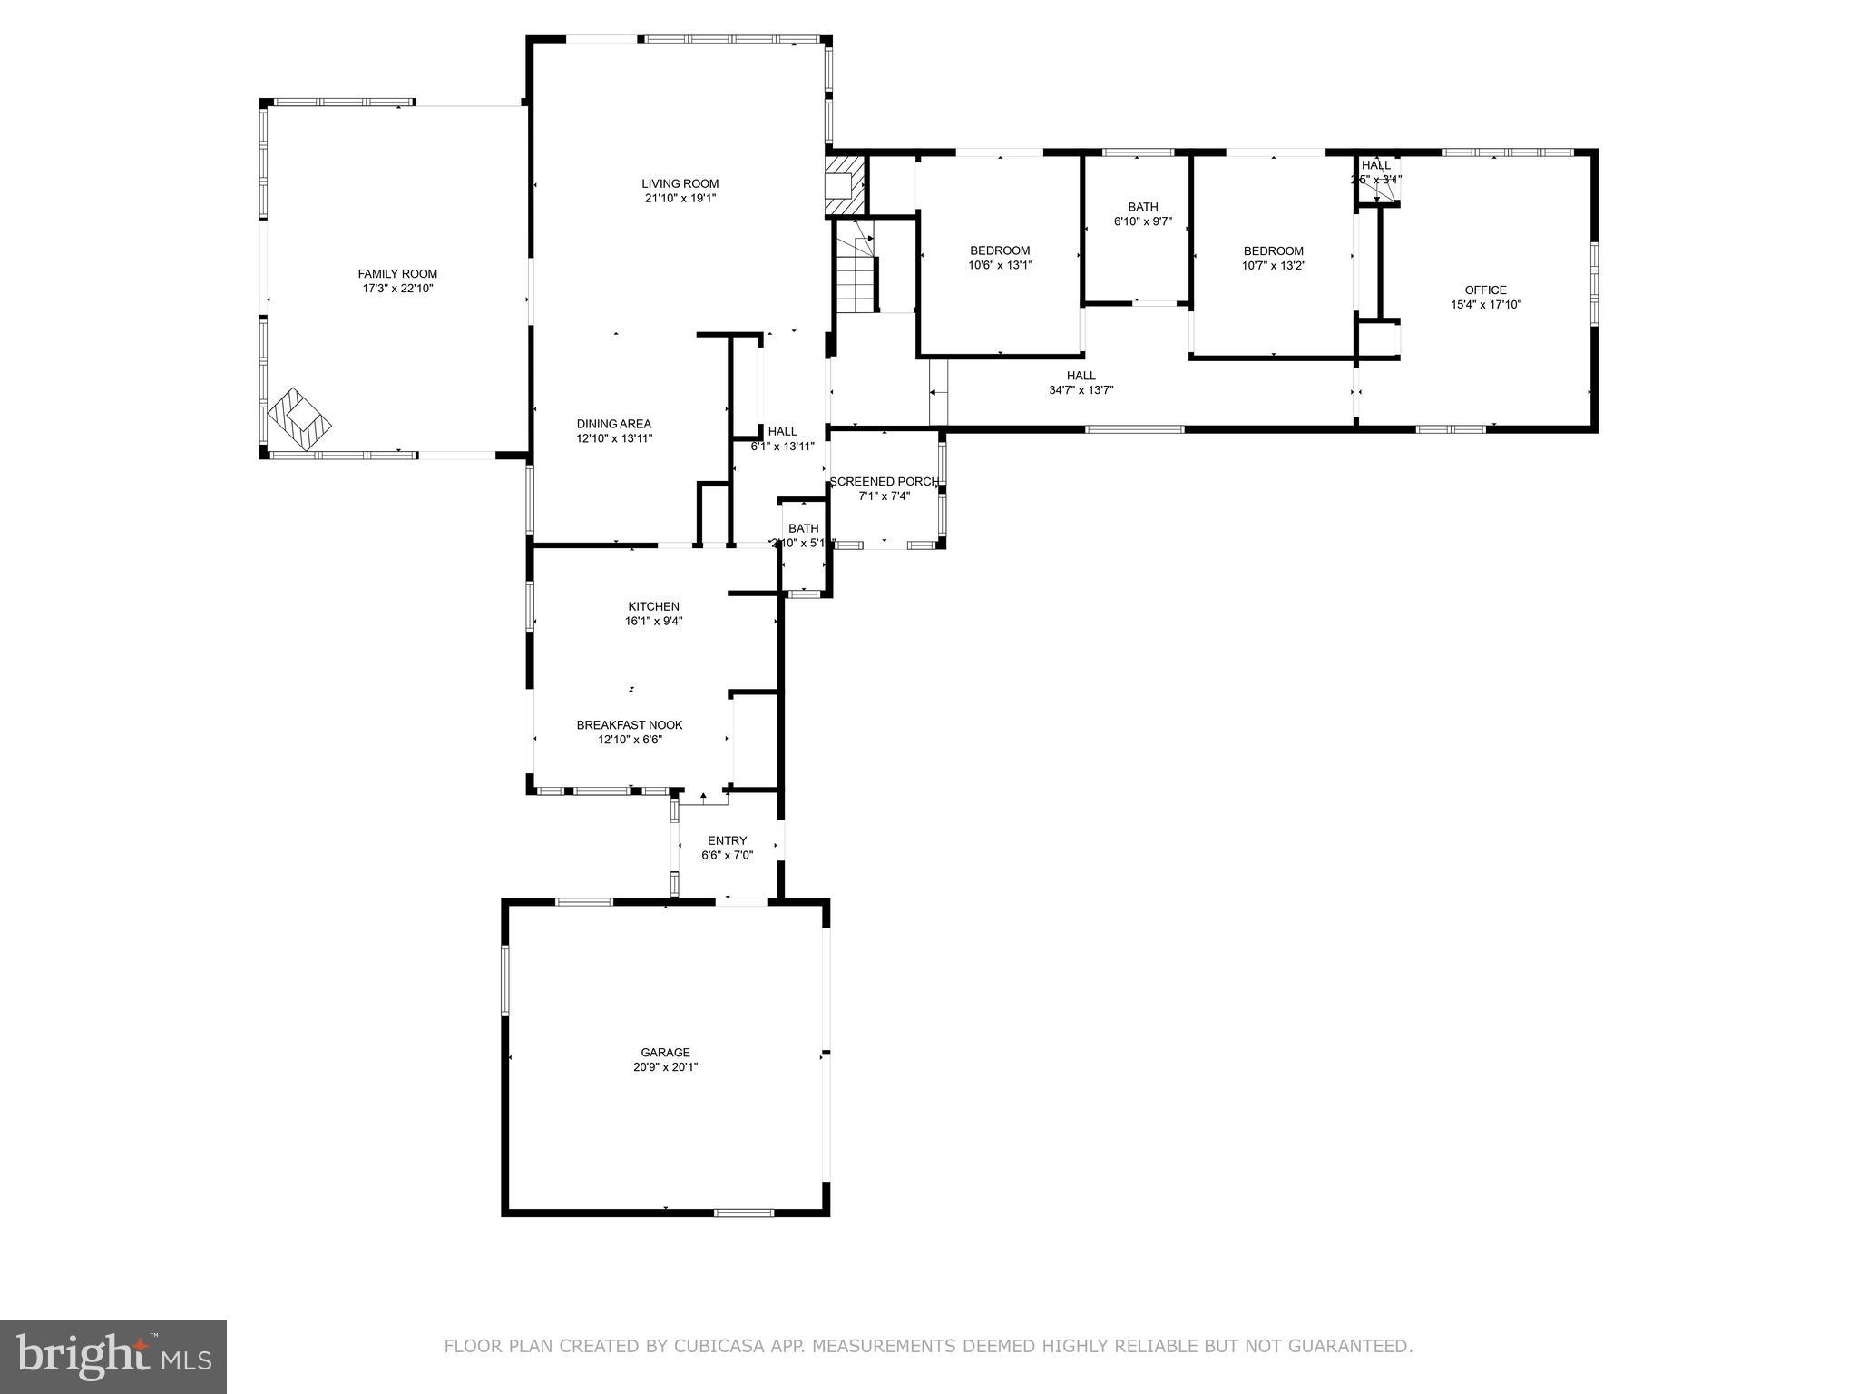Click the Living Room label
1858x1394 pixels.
click(680, 183)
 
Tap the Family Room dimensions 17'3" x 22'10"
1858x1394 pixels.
click(397, 289)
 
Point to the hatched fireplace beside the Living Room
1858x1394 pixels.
click(842, 185)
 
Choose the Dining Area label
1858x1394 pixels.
click(614, 424)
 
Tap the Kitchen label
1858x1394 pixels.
click(653, 606)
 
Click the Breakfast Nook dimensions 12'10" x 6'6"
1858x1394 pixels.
click(630, 740)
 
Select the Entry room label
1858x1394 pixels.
click(727, 840)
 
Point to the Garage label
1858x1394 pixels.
click(666, 1053)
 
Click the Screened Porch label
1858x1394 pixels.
click(884, 481)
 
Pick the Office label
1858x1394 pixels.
click(1485, 290)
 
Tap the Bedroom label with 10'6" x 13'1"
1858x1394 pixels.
click(1000, 250)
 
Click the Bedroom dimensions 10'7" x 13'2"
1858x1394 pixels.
click(1273, 266)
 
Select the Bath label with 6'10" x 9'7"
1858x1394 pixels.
click(1142, 207)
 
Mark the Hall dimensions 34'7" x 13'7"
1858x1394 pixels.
click(1081, 390)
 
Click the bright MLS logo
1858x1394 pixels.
click(113, 1357)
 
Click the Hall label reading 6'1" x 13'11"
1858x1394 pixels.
click(782, 431)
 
